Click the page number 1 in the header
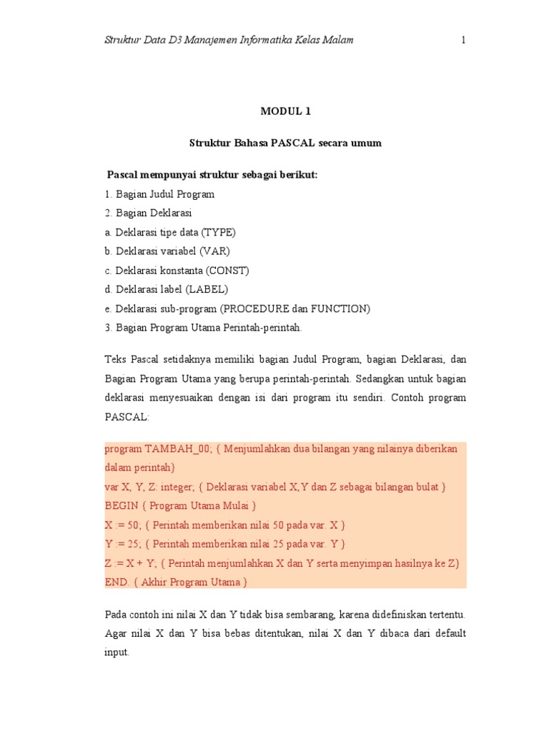tap(463, 40)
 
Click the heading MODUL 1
tap(285, 111)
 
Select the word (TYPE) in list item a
tap(218, 233)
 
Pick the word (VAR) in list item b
tap(214, 252)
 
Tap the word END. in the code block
tap(118, 583)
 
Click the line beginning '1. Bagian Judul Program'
tap(159, 194)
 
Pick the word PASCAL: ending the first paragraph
tap(127, 417)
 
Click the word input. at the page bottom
tap(117, 652)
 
